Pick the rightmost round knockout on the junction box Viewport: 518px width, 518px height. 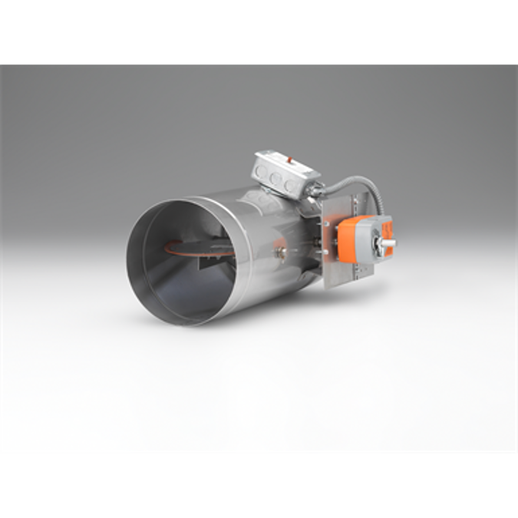(289, 186)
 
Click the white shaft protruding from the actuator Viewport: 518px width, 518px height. (391, 244)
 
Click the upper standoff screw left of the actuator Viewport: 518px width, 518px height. (327, 226)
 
